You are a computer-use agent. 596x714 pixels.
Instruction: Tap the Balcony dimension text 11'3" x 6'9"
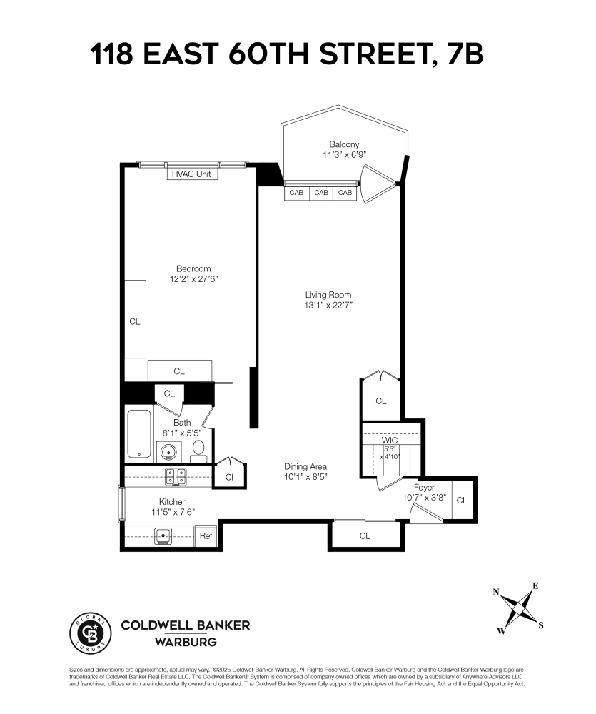[x=344, y=154]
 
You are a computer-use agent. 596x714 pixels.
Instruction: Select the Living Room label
[x=328, y=294]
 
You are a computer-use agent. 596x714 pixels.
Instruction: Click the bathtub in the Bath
[x=138, y=434]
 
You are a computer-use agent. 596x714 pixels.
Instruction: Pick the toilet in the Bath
[x=199, y=449]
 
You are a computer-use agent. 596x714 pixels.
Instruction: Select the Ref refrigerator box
[x=206, y=535]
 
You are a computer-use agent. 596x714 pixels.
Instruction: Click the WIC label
[x=390, y=440]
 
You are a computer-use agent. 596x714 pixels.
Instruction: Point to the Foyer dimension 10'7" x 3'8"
[x=424, y=498]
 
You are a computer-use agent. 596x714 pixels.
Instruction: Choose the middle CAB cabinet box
[x=321, y=193]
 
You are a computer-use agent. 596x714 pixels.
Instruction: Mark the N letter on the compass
[x=496, y=591]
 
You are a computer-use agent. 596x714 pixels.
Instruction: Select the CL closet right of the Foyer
[x=462, y=500]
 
